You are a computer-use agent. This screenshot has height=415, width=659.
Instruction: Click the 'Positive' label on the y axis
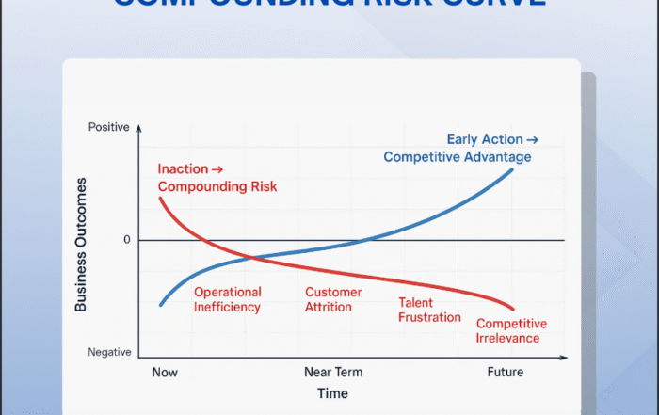108,126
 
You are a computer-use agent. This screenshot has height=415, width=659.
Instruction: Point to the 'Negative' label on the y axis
109,352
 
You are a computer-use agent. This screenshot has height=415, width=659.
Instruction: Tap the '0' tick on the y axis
126,240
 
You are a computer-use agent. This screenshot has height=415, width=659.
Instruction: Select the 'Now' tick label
164,372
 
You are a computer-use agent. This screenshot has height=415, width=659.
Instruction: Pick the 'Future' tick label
505,372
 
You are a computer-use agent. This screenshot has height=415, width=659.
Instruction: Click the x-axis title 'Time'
331,393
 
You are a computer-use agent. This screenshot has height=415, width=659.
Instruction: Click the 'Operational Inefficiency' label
228,299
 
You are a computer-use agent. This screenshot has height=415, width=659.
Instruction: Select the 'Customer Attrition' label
333,299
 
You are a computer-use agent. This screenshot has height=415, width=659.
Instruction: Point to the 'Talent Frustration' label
429,311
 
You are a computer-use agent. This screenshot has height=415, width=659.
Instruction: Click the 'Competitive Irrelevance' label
512,331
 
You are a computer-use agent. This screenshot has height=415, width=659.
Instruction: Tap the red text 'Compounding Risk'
217,186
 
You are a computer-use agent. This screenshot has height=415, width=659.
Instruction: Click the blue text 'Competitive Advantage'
458,156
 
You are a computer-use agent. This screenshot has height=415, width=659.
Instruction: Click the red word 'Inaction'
183,169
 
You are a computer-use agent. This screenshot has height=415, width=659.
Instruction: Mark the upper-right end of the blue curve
513,168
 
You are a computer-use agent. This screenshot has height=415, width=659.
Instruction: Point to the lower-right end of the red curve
514,309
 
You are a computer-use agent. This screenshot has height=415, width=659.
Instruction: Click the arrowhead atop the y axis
138,125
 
